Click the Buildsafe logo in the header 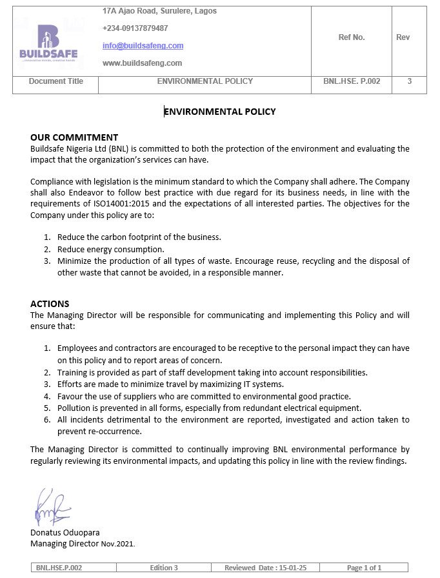point(48,43)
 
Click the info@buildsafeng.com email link point(143,46)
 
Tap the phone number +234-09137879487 point(135,28)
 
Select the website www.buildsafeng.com point(142,63)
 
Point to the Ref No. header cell point(352,37)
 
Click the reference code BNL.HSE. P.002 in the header point(352,81)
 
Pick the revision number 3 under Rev point(410,81)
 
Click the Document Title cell point(56,81)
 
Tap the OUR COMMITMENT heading point(74,137)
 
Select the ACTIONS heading point(50,304)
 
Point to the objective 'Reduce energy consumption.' point(111,249)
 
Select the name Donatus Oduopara point(65,533)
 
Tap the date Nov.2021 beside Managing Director point(118,544)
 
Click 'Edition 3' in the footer point(164,568)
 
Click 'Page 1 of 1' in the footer point(364,568)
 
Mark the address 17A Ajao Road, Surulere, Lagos point(159,11)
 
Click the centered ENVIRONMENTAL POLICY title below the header point(220,112)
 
